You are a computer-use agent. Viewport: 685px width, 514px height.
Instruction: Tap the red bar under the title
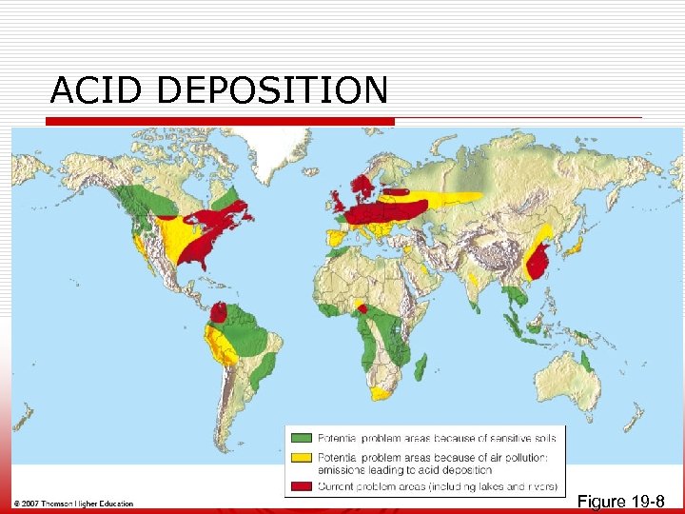[204, 122]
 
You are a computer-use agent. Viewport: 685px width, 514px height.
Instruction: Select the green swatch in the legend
[302, 438]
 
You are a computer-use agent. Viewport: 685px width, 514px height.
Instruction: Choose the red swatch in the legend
[302, 486]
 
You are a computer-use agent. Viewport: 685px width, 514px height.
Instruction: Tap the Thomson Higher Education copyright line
[73, 504]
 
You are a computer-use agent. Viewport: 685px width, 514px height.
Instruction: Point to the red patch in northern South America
[219, 312]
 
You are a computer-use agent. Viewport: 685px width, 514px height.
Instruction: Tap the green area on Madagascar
[421, 366]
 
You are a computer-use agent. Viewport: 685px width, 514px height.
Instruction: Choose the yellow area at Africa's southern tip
[382, 393]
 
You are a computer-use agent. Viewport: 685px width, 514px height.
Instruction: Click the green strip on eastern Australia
[586, 363]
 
